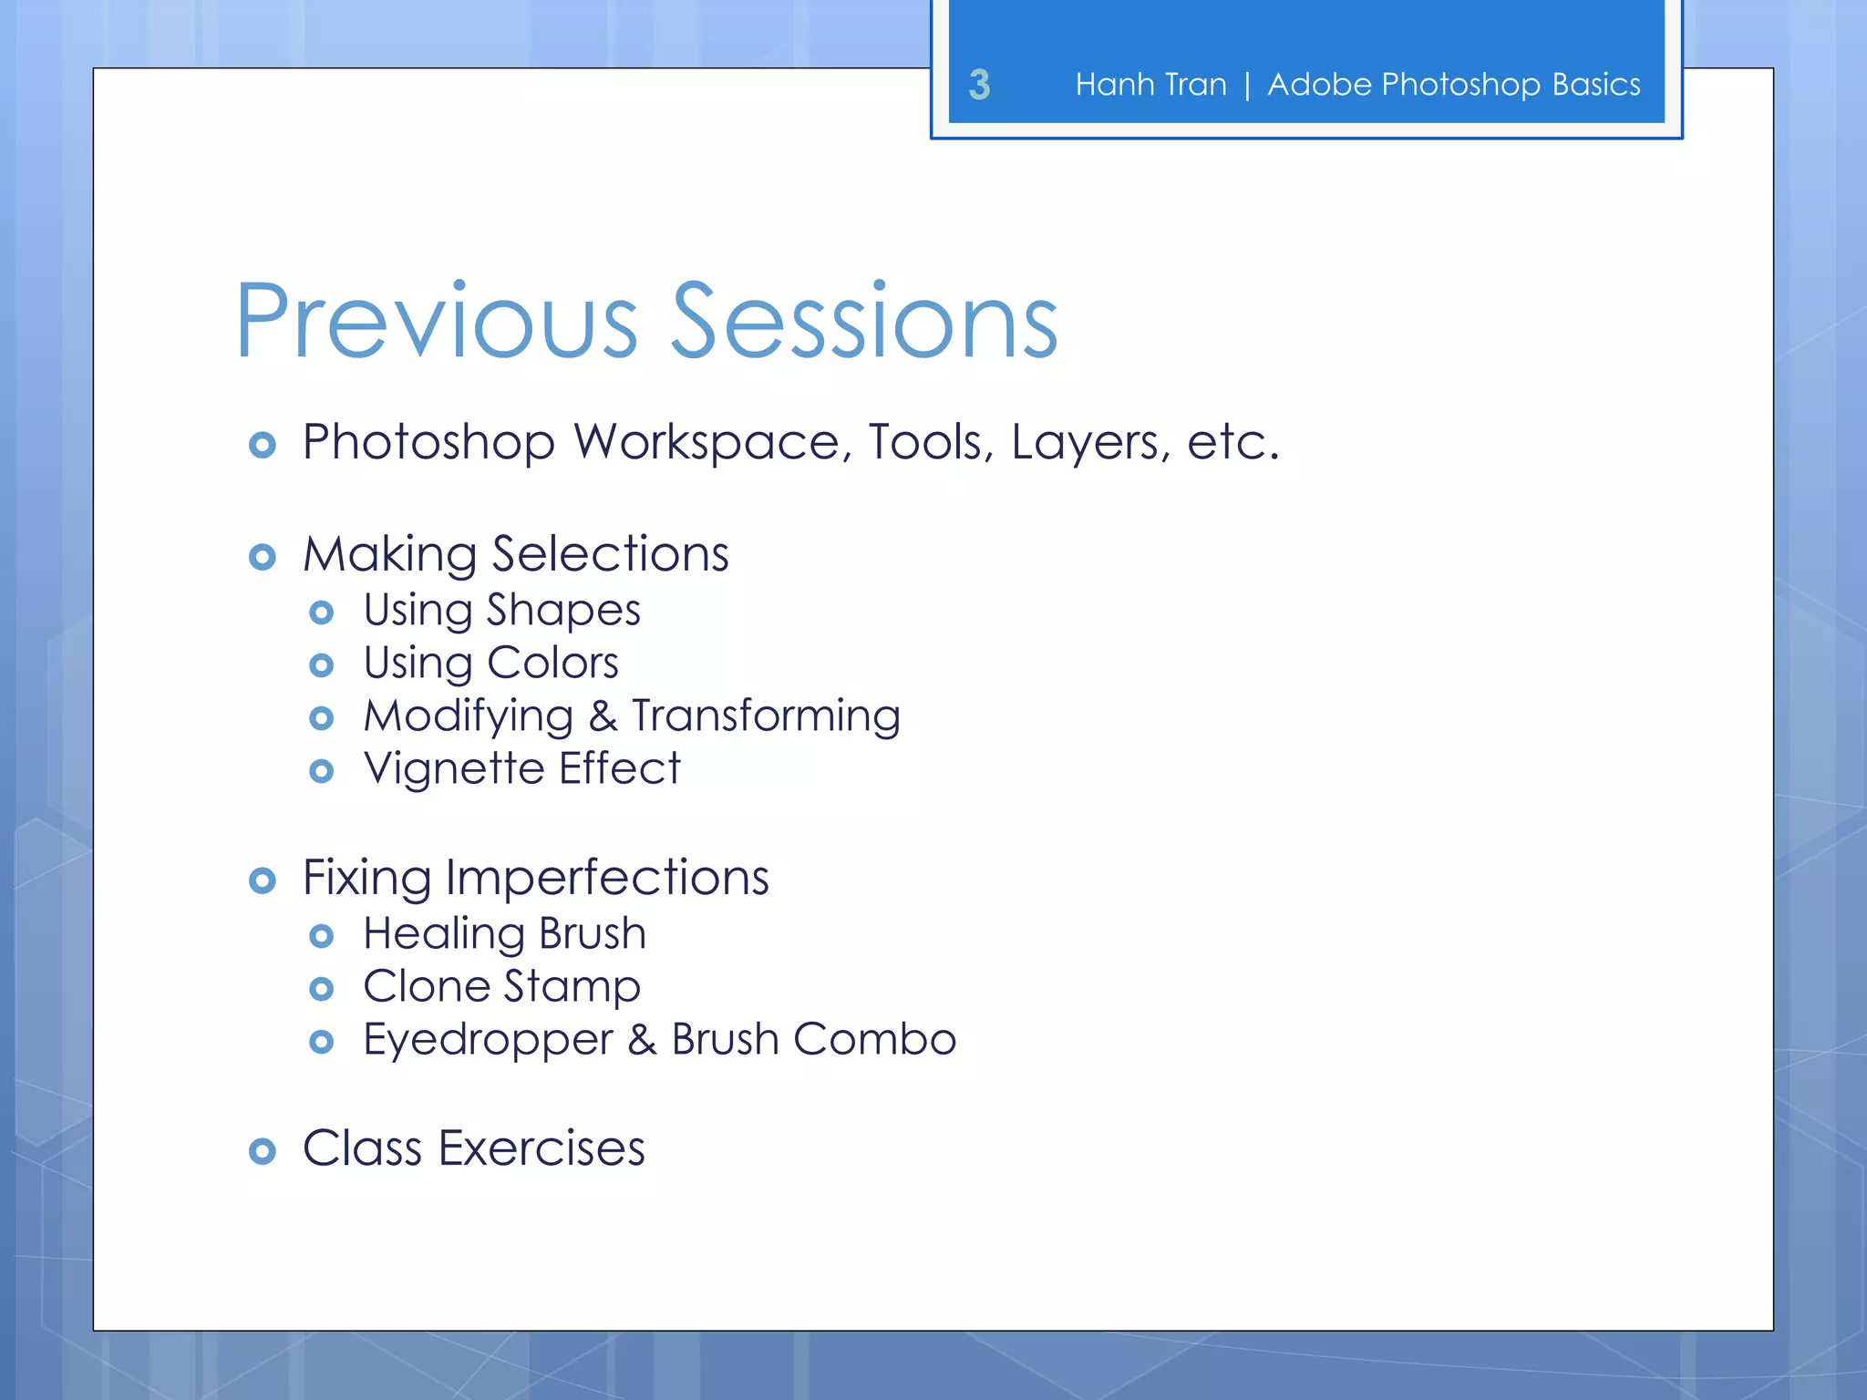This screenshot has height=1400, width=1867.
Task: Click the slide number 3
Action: [x=979, y=85]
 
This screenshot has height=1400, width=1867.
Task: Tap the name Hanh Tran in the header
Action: [x=1150, y=85]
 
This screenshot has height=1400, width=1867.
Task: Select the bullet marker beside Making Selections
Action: [x=263, y=557]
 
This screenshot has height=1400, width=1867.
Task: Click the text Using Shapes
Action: [x=501, y=610]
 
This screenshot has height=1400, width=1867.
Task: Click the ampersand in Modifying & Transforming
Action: [x=603, y=716]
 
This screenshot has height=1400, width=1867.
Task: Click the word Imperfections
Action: [x=607, y=879]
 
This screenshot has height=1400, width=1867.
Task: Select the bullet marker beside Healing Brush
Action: [x=321, y=936]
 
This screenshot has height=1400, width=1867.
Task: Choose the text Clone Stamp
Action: [x=501, y=987]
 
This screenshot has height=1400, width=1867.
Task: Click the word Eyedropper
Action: [x=488, y=1041]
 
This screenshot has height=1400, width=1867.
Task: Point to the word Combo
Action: [x=874, y=1040]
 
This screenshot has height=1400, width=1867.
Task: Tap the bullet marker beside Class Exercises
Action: [x=263, y=1151]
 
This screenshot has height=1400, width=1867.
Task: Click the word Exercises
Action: [x=542, y=1148]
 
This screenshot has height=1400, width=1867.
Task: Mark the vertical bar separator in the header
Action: [x=1246, y=86]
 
